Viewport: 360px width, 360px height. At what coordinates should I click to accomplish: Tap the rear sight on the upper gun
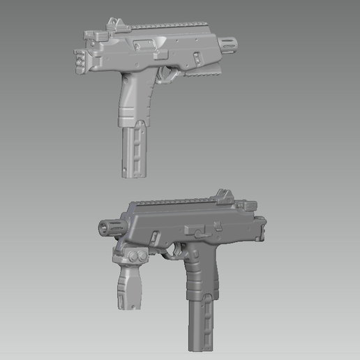[x=114, y=27]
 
